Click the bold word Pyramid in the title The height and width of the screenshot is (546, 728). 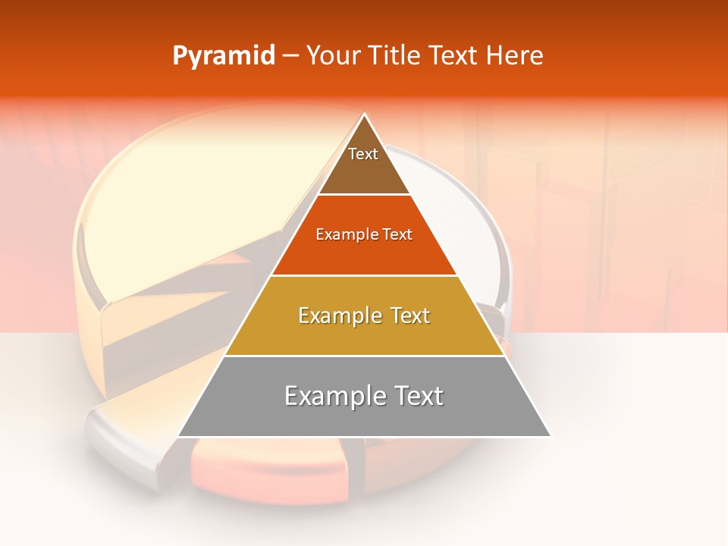(224, 56)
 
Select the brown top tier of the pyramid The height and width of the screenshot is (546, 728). (364, 171)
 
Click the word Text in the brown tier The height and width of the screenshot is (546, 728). (363, 154)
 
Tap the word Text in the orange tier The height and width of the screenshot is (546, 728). (398, 235)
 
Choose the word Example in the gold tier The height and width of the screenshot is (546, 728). (339, 315)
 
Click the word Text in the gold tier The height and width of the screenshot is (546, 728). (410, 315)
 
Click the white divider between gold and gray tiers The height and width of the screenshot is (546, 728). (364, 356)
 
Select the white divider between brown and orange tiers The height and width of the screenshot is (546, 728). (364, 195)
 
